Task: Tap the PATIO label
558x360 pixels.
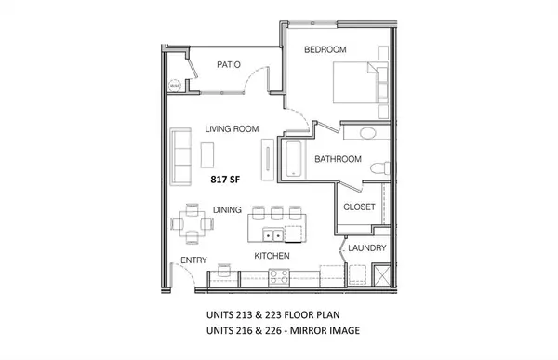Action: (230, 65)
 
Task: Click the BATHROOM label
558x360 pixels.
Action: (338, 159)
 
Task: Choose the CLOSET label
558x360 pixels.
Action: (359, 207)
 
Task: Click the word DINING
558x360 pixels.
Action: (228, 210)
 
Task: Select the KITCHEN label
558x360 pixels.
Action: (272, 255)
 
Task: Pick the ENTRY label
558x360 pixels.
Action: (193, 260)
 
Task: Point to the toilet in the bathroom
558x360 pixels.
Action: (378, 167)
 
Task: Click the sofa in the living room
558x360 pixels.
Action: (181, 149)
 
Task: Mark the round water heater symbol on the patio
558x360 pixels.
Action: (174, 87)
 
